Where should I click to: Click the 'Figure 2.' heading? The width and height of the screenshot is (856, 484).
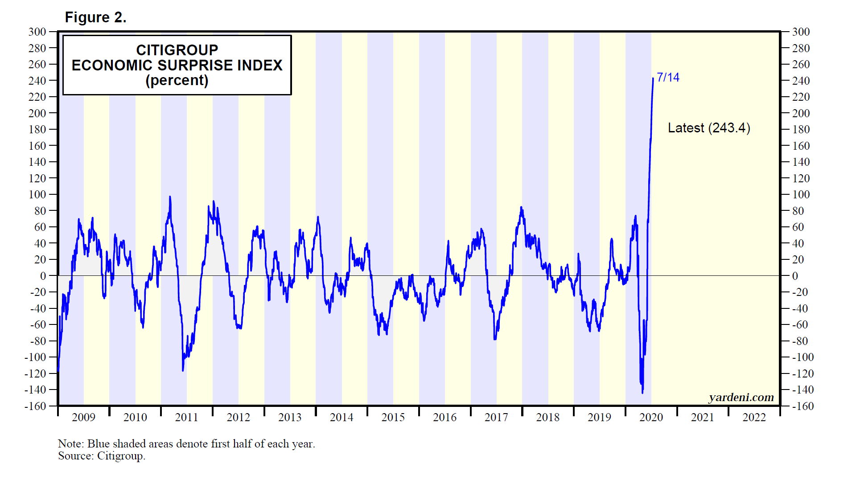[x=95, y=17]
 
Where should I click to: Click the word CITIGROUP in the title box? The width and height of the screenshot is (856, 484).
[x=177, y=50]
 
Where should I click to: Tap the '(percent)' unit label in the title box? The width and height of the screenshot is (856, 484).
[x=177, y=81]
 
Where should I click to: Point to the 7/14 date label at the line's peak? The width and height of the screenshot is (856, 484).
[x=668, y=78]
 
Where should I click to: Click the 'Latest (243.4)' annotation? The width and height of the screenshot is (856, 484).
[x=709, y=128]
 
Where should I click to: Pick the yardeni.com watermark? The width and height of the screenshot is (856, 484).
[x=741, y=397]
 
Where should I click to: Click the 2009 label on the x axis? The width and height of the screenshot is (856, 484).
[x=83, y=418]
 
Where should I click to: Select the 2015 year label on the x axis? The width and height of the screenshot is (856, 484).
[x=393, y=418]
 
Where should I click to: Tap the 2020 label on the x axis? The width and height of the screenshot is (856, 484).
[x=651, y=418]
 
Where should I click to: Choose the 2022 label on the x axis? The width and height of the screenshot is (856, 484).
[x=754, y=418]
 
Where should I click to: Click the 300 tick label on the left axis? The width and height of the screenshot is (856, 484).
[x=37, y=32]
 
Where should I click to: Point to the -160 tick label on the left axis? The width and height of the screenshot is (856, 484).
[x=35, y=406]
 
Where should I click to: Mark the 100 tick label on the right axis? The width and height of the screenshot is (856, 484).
[x=801, y=195]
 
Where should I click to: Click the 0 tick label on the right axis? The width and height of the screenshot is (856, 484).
[x=795, y=276]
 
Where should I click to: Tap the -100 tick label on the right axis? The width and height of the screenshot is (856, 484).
[x=802, y=357]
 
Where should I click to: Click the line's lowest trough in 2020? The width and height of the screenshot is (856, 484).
[x=642, y=392]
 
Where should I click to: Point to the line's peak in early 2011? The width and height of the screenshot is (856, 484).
[x=170, y=197]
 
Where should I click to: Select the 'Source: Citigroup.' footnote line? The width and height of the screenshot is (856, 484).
[x=102, y=456]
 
